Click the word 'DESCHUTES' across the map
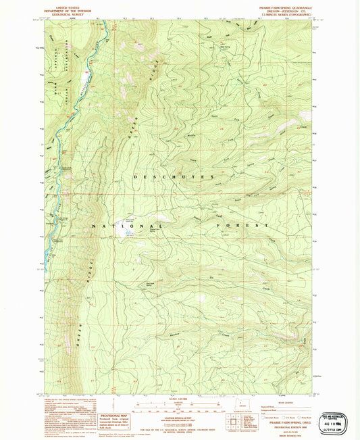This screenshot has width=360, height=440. [165, 177]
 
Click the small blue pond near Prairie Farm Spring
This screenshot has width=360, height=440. [130, 233]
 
